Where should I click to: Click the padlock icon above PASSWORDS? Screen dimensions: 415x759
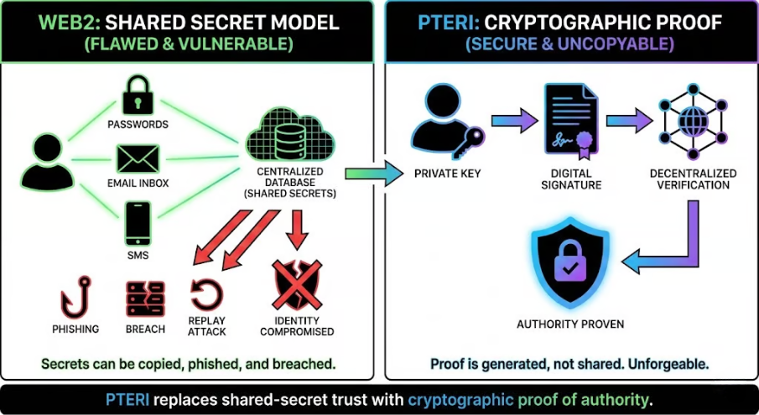[x=137, y=96]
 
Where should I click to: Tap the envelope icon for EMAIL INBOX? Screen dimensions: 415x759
[x=138, y=158]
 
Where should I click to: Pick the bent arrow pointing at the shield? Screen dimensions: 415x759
[x=671, y=243]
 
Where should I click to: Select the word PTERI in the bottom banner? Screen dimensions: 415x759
[x=129, y=398]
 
